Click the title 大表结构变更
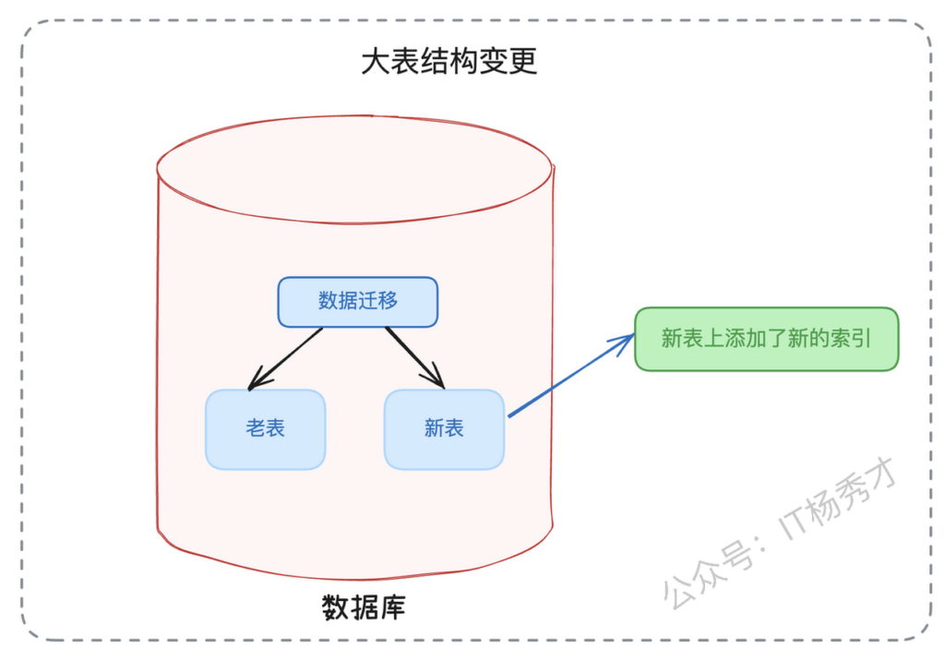pyautogui.click(x=449, y=62)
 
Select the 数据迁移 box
pyautogui.click(x=358, y=302)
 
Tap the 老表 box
pyautogui.click(x=265, y=429)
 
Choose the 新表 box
pyautogui.click(x=444, y=429)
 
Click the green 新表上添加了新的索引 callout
pyautogui.click(x=767, y=339)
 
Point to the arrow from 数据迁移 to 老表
pyautogui.click(x=285, y=359)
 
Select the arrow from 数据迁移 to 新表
pyautogui.click(x=415, y=357)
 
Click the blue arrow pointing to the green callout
pyautogui.click(x=571, y=375)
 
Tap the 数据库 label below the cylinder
pyautogui.click(x=364, y=607)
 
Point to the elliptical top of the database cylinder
pyautogui.click(x=354, y=170)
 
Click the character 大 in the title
pyautogui.click(x=376, y=62)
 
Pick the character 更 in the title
pyautogui.click(x=522, y=62)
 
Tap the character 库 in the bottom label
pyautogui.click(x=392, y=607)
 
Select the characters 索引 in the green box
pyautogui.click(x=851, y=338)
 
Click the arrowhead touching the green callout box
pyautogui.click(x=625, y=341)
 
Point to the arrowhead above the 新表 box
pyautogui.click(x=436, y=378)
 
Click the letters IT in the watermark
pyautogui.click(x=795, y=521)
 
